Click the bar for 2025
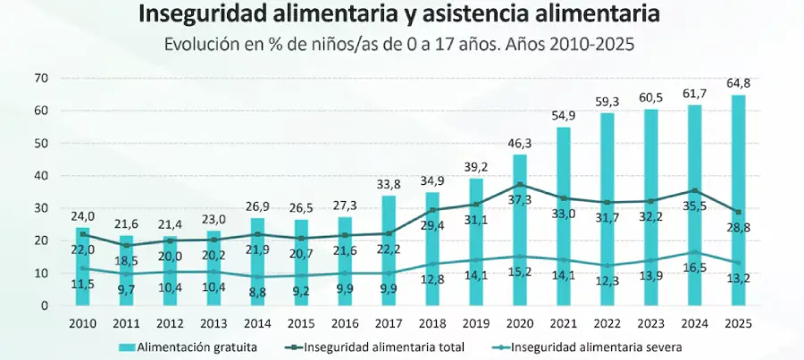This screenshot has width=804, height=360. [x=738, y=200]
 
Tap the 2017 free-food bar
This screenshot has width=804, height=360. [x=389, y=251]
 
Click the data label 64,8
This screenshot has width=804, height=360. [x=739, y=84]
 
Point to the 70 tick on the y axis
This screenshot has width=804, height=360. [x=41, y=79]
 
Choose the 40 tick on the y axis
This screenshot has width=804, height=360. [x=41, y=176]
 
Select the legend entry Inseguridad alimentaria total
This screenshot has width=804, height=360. [x=375, y=347]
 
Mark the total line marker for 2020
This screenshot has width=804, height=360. [x=519, y=185]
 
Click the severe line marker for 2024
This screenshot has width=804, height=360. [x=694, y=252]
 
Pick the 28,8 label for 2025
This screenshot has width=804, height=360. [x=738, y=228]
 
